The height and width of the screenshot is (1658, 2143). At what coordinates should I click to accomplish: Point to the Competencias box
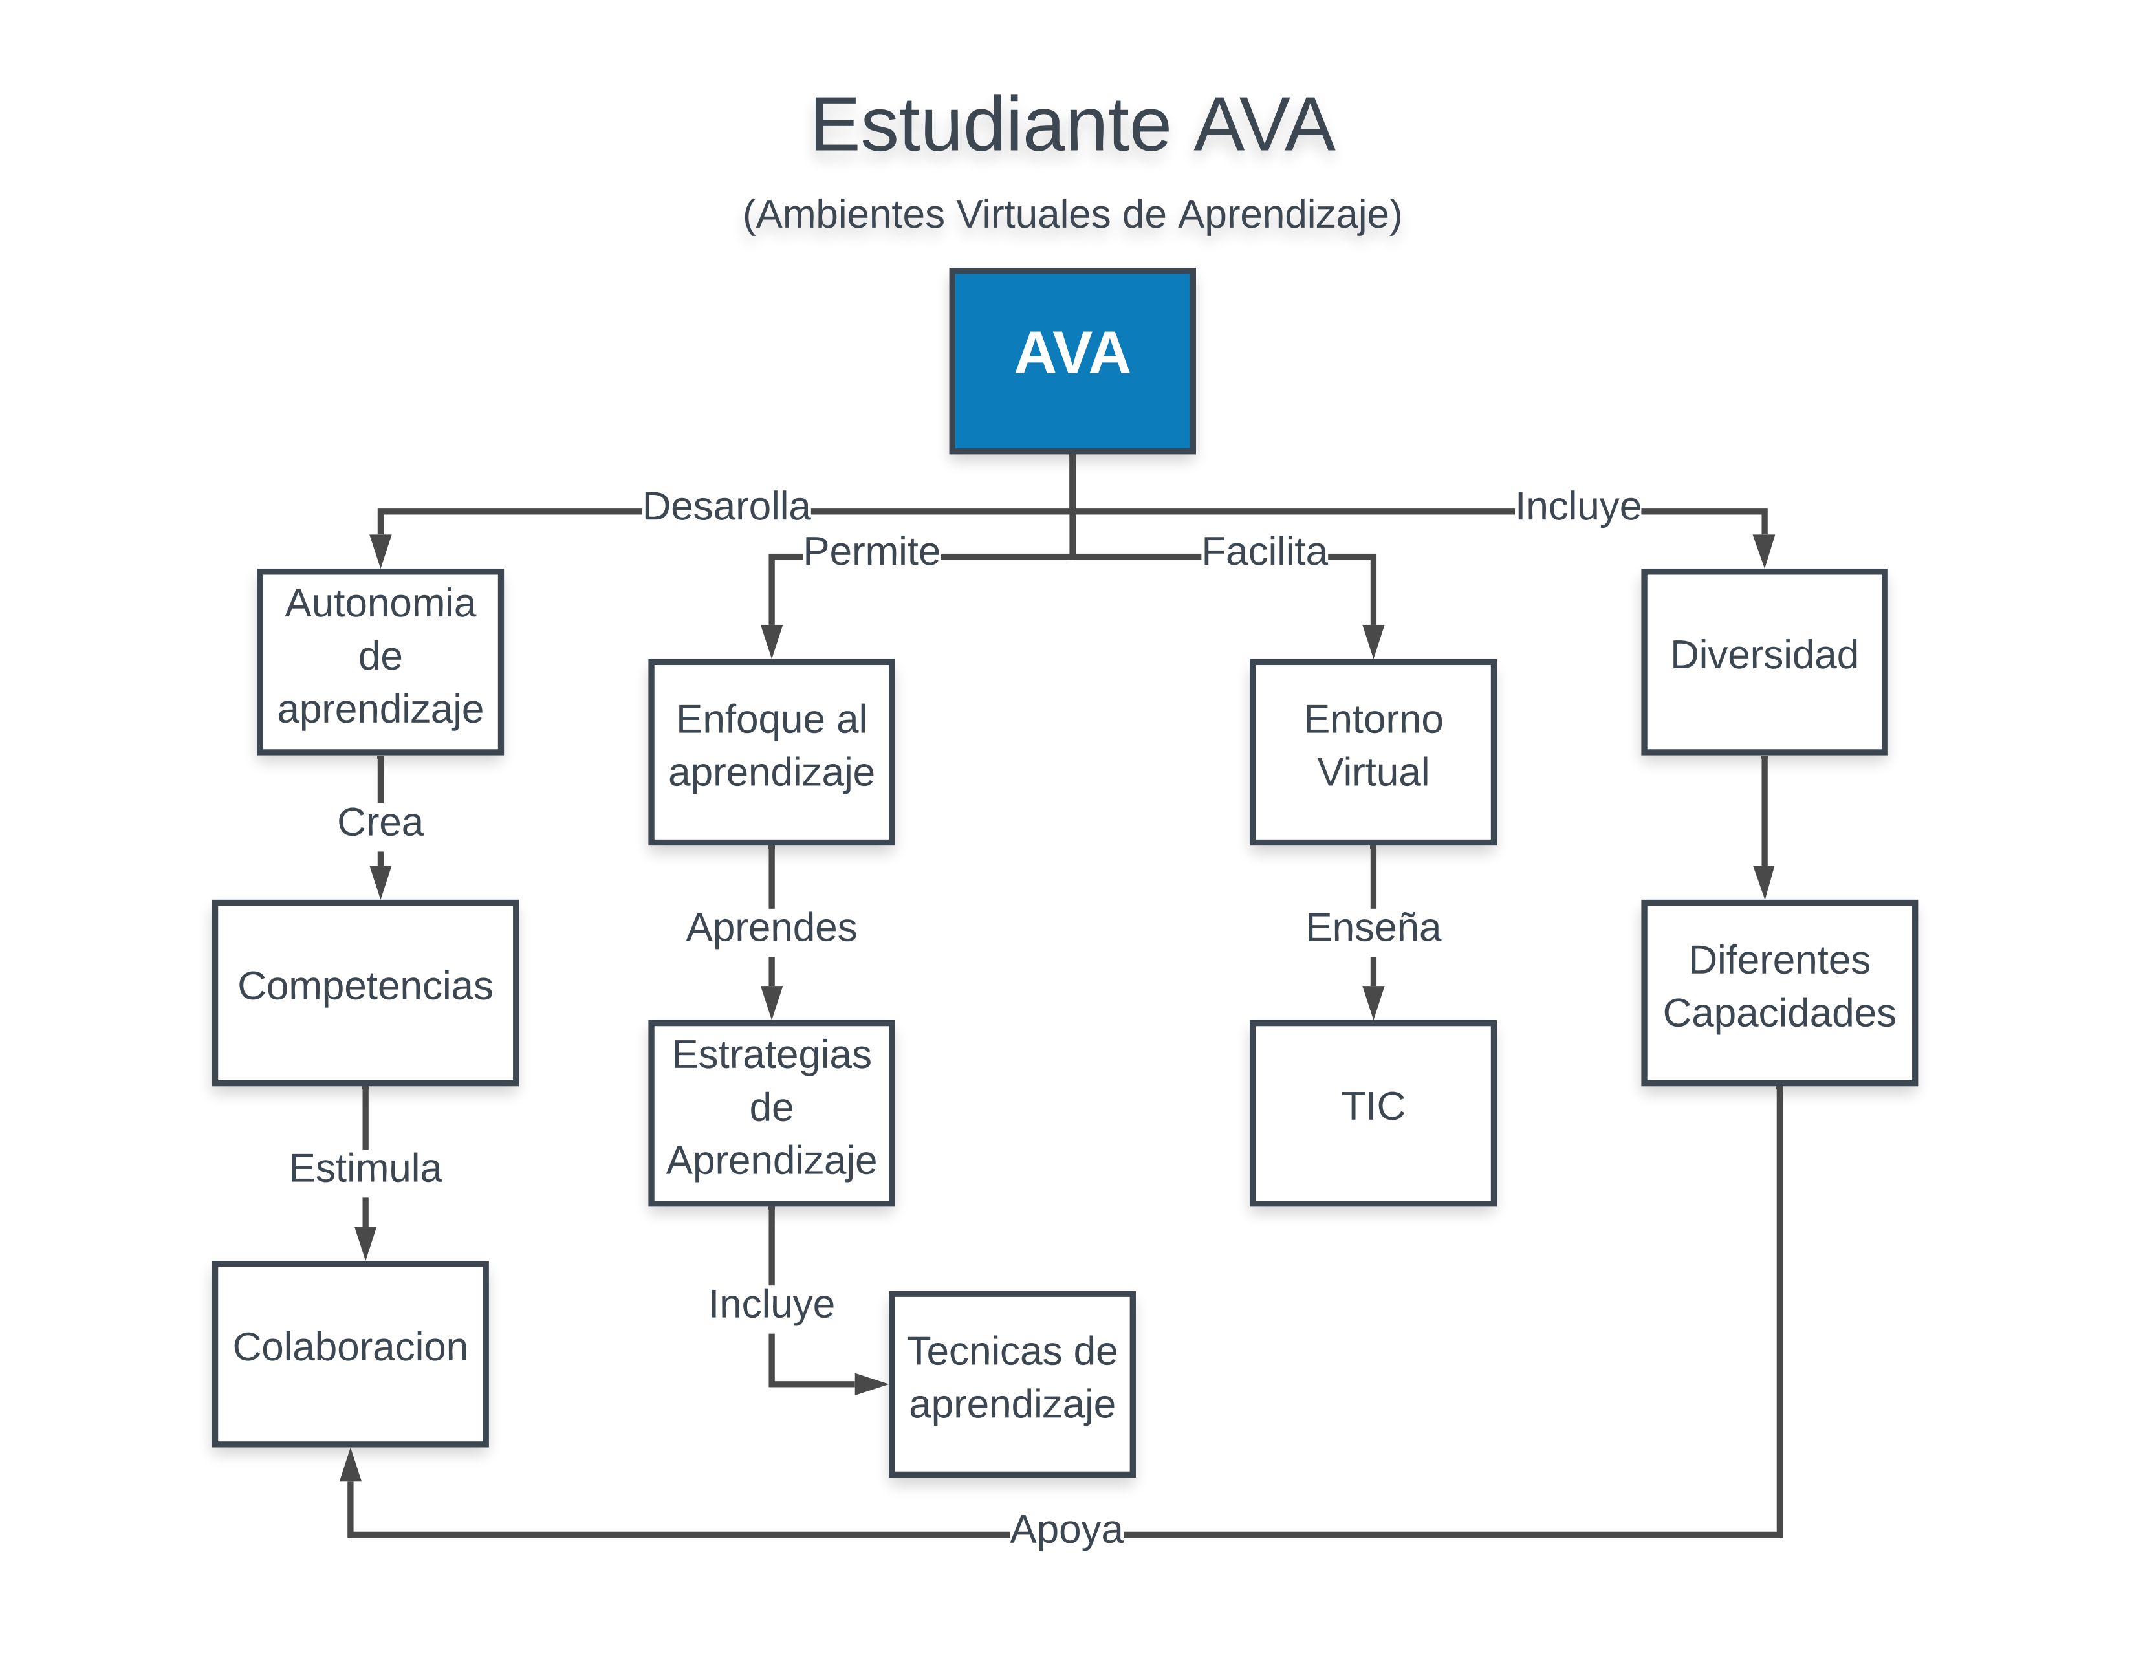365,992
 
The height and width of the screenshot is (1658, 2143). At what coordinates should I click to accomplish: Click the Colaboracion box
351,1353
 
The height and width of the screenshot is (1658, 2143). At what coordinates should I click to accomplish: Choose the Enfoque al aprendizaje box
771,752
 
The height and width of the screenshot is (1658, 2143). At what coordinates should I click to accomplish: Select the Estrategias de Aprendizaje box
771,1113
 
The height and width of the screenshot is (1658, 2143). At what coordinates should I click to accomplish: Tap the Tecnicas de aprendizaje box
1012,1383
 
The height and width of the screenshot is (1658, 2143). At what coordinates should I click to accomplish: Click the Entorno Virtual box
1373,752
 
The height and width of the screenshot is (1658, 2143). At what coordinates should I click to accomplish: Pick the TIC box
1373,1113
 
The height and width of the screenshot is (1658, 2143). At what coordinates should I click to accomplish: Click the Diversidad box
1763,661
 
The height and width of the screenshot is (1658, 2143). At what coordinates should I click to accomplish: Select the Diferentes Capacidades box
1779,992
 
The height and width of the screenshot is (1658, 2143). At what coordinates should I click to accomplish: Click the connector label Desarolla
726,507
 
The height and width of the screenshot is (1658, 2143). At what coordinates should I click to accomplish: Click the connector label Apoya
1067,1529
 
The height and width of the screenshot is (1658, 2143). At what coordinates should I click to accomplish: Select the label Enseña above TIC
1373,927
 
